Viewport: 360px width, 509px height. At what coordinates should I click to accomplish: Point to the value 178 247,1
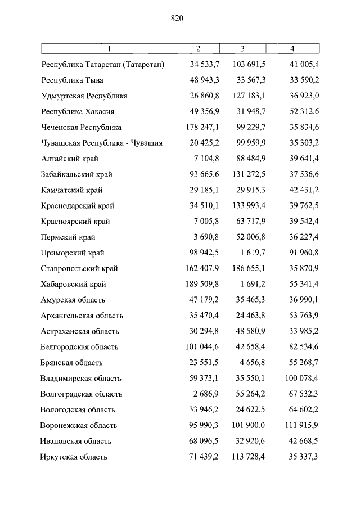click(200, 128)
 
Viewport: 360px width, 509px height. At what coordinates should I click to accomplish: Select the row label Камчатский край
click(72, 191)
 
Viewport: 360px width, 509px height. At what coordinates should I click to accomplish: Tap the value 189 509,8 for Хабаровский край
click(200, 285)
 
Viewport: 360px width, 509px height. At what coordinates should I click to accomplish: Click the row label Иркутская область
click(73, 457)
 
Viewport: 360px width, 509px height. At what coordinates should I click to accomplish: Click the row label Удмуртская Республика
click(84, 96)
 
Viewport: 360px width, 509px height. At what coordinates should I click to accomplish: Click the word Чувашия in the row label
click(147, 143)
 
